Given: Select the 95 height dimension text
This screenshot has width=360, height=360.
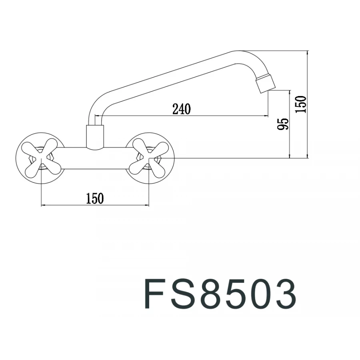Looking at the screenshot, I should (282, 124).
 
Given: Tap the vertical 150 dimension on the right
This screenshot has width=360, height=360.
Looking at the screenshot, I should (301, 104).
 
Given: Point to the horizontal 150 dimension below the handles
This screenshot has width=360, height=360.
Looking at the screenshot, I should (95, 198).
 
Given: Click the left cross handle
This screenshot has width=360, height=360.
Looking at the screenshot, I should (42, 157).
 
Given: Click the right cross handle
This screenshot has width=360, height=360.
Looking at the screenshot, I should (149, 157).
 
